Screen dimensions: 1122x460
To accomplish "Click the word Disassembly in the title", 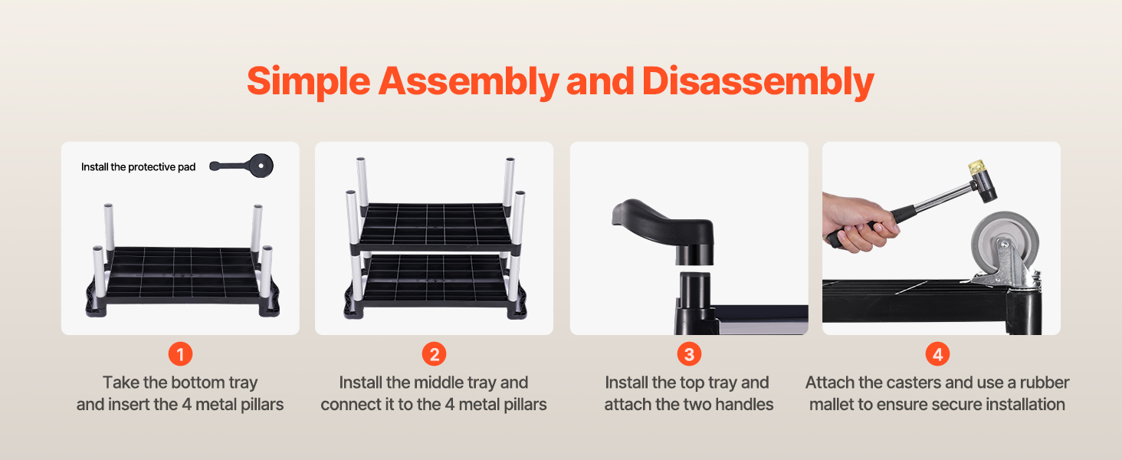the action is [758, 82].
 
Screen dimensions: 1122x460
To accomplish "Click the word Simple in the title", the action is [309, 82].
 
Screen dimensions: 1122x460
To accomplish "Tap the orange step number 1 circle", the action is [180, 354].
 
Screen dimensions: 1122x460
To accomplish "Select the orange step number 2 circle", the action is [435, 354].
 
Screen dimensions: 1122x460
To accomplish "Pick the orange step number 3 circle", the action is [689, 354].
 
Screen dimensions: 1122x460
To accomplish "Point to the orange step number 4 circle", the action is [937, 354].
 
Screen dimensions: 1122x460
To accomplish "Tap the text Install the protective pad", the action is [138, 167].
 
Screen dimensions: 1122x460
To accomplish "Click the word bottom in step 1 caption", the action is [198, 383].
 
